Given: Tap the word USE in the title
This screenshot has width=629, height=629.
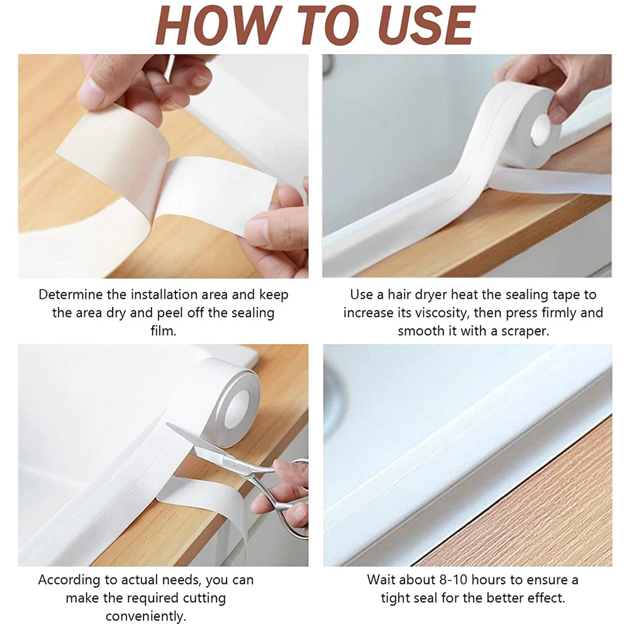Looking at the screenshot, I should click(x=421, y=26).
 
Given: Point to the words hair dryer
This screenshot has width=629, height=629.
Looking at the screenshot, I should click(x=428, y=294).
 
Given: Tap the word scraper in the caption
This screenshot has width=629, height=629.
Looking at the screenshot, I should click(x=525, y=331).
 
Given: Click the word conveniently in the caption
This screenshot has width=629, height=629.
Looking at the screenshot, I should click(x=146, y=616).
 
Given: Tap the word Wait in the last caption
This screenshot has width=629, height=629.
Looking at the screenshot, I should click(x=382, y=579).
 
